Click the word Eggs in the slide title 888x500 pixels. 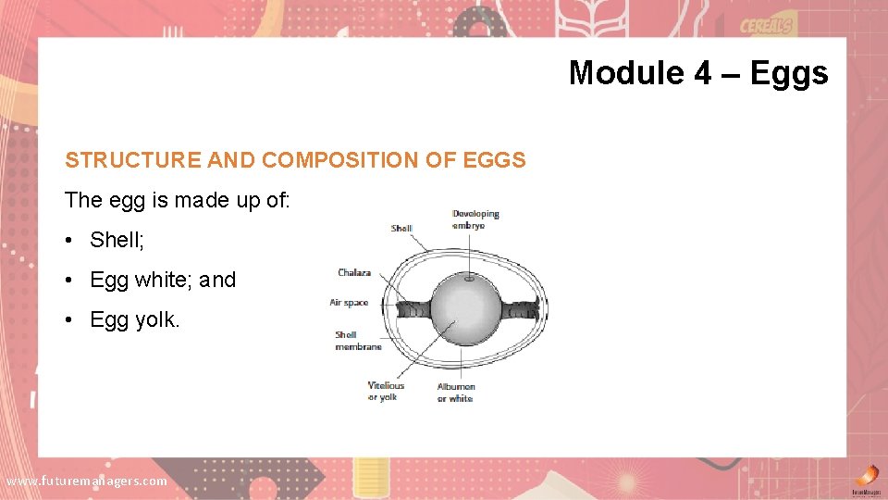[x=789, y=72]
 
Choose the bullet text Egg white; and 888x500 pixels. [x=163, y=280]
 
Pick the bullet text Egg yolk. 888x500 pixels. [x=135, y=320]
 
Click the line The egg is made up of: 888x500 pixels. [x=178, y=200]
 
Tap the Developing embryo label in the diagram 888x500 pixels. [x=475, y=219]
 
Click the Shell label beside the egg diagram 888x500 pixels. [x=401, y=229]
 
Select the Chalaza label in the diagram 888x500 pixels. [x=354, y=272]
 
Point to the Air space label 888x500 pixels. [x=349, y=303]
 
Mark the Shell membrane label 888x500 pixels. [x=358, y=341]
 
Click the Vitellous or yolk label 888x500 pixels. [x=386, y=392]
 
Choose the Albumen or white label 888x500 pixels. [x=456, y=393]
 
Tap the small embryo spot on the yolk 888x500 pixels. [x=471, y=277]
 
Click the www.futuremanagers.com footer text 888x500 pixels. [x=87, y=481]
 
